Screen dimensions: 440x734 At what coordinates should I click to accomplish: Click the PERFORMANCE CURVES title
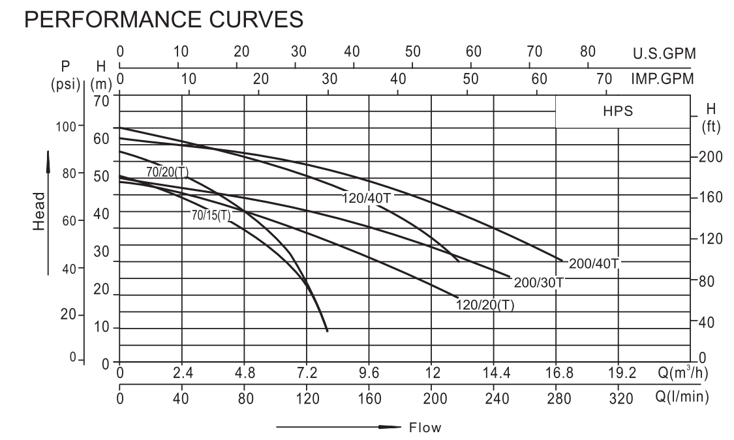pos(164,20)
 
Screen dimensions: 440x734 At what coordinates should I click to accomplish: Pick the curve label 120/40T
pos(366,198)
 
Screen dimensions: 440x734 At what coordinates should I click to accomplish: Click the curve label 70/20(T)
pos(168,172)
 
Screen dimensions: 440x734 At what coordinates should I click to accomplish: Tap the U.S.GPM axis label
pos(664,54)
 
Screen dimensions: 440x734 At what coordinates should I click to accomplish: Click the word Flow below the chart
pos(425,428)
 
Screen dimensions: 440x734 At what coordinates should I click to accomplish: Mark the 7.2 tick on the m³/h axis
pos(307,374)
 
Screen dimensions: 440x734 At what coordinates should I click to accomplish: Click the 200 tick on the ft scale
pos(710,157)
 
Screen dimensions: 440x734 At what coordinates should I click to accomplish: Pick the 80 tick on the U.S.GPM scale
pos(588,52)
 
